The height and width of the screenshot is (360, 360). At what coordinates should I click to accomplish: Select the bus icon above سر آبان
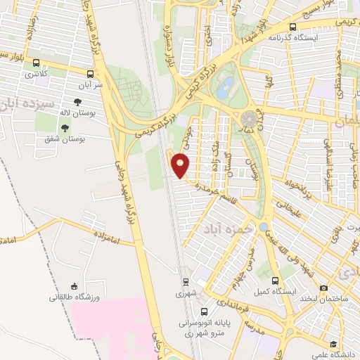coord(90,73)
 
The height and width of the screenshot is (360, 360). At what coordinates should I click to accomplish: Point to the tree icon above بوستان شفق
coord(65,128)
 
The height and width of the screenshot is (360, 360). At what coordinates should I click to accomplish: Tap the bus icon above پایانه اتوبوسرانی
coord(203,311)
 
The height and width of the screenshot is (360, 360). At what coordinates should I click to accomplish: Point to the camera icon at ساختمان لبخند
coord(323,288)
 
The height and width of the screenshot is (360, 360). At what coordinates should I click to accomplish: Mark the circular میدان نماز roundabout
coord(250,119)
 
